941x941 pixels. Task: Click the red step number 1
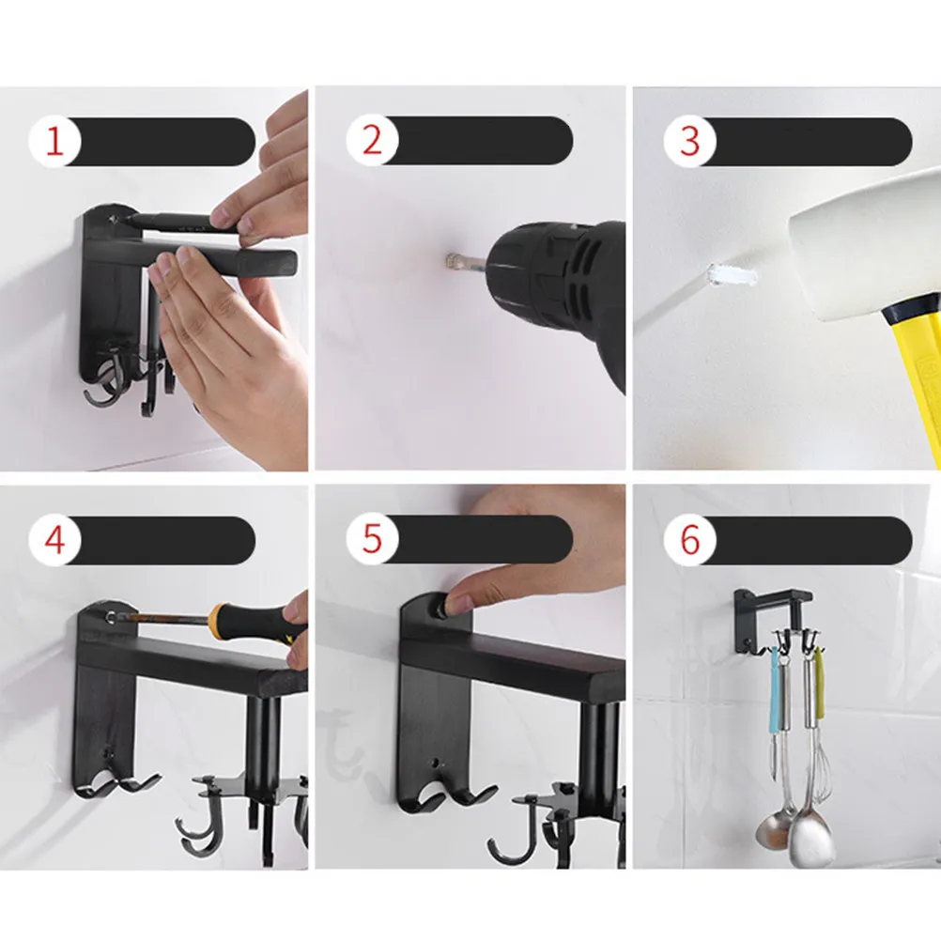point(54,142)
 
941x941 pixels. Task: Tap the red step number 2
point(372,141)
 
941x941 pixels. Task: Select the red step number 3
point(689,142)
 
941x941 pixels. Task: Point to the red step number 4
point(54,540)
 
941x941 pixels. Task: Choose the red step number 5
point(372,538)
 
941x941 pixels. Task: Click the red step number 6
point(690,539)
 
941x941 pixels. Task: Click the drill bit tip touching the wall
point(451,261)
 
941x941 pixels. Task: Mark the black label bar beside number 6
point(806,540)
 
